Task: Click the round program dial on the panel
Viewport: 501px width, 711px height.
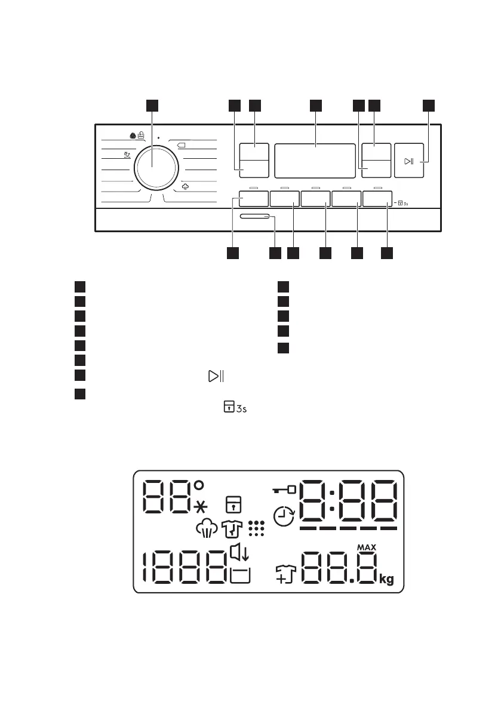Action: click(x=152, y=166)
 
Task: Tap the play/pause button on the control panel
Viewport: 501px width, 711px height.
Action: click(x=408, y=161)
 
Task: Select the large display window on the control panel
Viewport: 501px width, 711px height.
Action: click(x=316, y=160)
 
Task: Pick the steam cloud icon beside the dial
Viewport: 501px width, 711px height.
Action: click(x=185, y=186)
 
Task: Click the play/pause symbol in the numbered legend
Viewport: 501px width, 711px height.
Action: click(x=216, y=376)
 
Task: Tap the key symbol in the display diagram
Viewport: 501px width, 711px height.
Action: click(x=284, y=490)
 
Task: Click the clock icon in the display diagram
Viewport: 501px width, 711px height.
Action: click(x=285, y=516)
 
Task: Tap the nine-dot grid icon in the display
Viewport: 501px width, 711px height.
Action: click(x=256, y=528)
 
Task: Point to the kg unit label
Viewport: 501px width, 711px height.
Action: click(x=386, y=580)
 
